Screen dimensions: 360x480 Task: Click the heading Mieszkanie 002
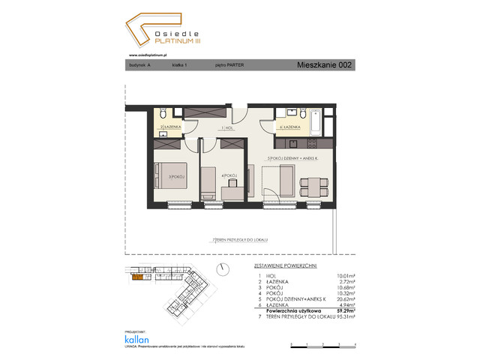coord(323,65)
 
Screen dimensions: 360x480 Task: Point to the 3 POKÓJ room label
coord(177,177)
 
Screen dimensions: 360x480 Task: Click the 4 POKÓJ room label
coord(230,177)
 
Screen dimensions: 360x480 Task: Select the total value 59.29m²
coord(343,307)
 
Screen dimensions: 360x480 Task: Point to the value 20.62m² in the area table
coord(343,297)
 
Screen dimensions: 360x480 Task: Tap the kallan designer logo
coord(137,340)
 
